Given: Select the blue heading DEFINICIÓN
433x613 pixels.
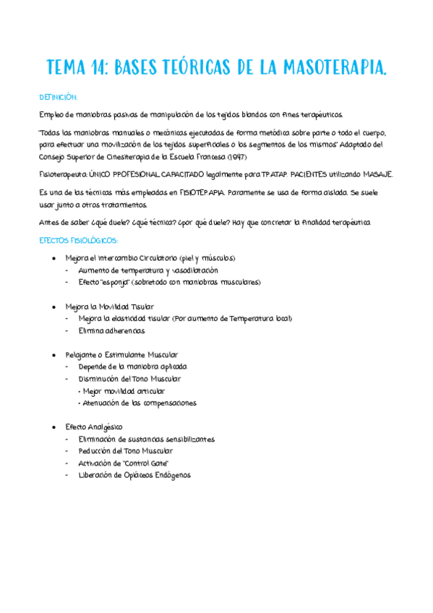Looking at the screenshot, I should [x=58, y=97].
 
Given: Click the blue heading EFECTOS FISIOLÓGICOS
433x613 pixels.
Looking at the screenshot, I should [x=79, y=240].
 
